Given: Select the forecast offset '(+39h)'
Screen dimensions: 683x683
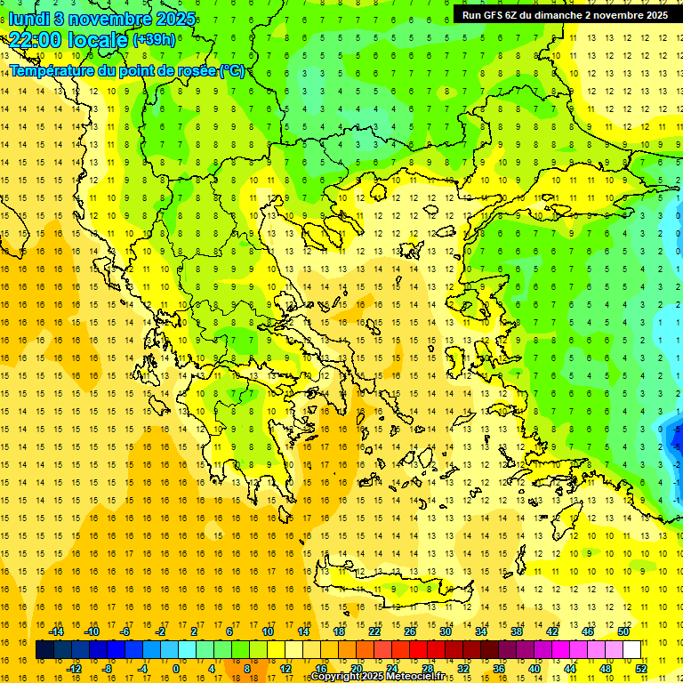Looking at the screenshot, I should pyautogui.click(x=153, y=40).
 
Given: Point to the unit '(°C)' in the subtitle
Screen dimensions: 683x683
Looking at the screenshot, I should pyautogui.click(x=231, y=70).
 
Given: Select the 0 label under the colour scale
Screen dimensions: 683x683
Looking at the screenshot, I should pyautogui.click(x=176, y=668).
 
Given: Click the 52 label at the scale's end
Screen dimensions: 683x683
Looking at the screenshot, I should pyautogui.click(x=642, y=668).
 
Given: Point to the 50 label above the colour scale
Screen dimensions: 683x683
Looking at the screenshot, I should pyautogui.click(x=623, y=631).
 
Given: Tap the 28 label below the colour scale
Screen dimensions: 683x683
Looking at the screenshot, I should pyautogui.click(x=428, y=668).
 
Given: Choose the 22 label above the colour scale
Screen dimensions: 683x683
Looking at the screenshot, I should pyautogui.click(x=374, y=631).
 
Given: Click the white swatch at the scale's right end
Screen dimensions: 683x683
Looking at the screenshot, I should pyautogui.click(x=631, y=649).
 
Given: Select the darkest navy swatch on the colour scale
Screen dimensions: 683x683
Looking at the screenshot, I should pyautogui.click(x=44, y=649).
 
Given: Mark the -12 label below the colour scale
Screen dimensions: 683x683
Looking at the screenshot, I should pyautogui.click(x=74, y=668).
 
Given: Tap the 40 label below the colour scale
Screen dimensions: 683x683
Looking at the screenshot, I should pyautogui.click(x=534, y=668).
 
